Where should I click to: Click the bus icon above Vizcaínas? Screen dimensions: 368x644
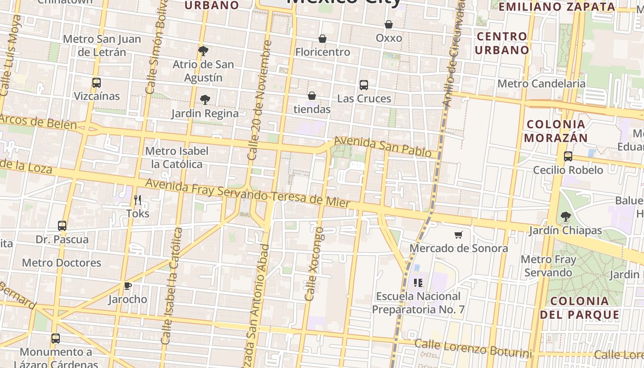pos(96,83)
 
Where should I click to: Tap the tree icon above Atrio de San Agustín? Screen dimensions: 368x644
pos(203,51)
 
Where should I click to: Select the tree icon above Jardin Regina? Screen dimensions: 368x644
pos(205,99)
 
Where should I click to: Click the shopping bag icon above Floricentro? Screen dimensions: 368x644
pos(322,39)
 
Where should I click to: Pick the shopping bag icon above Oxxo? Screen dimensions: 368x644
pos(389,24)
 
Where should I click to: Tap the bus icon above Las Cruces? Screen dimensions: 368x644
pos(364,85)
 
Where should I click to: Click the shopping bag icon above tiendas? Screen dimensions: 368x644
pos(312,96)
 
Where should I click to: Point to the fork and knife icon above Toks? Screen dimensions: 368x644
pos(137,200)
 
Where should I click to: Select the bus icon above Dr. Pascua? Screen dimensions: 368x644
pos(62,226)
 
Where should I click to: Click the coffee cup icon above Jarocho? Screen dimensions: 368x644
pos(128,286)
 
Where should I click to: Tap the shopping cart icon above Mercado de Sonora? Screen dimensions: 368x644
pos(458,235)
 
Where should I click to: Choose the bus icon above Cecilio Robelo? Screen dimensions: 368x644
pos(568,156)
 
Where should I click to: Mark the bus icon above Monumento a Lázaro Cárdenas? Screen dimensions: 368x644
pos(55,339)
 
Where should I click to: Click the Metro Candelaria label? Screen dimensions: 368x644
pos(541,83)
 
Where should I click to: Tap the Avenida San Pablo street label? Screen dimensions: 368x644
pos(382,146)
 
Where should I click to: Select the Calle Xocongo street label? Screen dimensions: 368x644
pos(314,264)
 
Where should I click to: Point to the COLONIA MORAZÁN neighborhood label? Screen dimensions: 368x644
pos(556,131)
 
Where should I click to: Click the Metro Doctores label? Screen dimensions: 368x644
pos(62,263)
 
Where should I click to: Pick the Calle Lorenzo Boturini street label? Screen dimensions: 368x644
pos(473,349)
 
